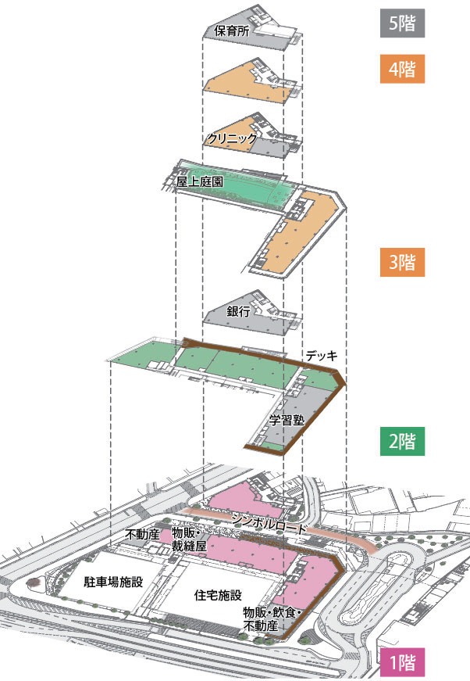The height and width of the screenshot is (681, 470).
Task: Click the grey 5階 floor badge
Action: point(401,23)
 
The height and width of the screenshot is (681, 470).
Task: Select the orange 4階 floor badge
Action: point(401,69)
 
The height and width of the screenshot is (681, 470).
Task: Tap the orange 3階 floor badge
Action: point(401,262)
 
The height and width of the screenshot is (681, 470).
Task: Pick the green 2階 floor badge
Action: point(401,440)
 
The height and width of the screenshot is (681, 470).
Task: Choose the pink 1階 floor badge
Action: point(401,663)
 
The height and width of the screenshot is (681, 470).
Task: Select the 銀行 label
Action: point(238,310)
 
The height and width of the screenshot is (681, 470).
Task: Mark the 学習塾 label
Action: point(286,419)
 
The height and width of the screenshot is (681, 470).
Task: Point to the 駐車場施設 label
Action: point(113,582)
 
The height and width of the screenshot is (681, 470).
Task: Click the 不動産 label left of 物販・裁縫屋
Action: point(142,535)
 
